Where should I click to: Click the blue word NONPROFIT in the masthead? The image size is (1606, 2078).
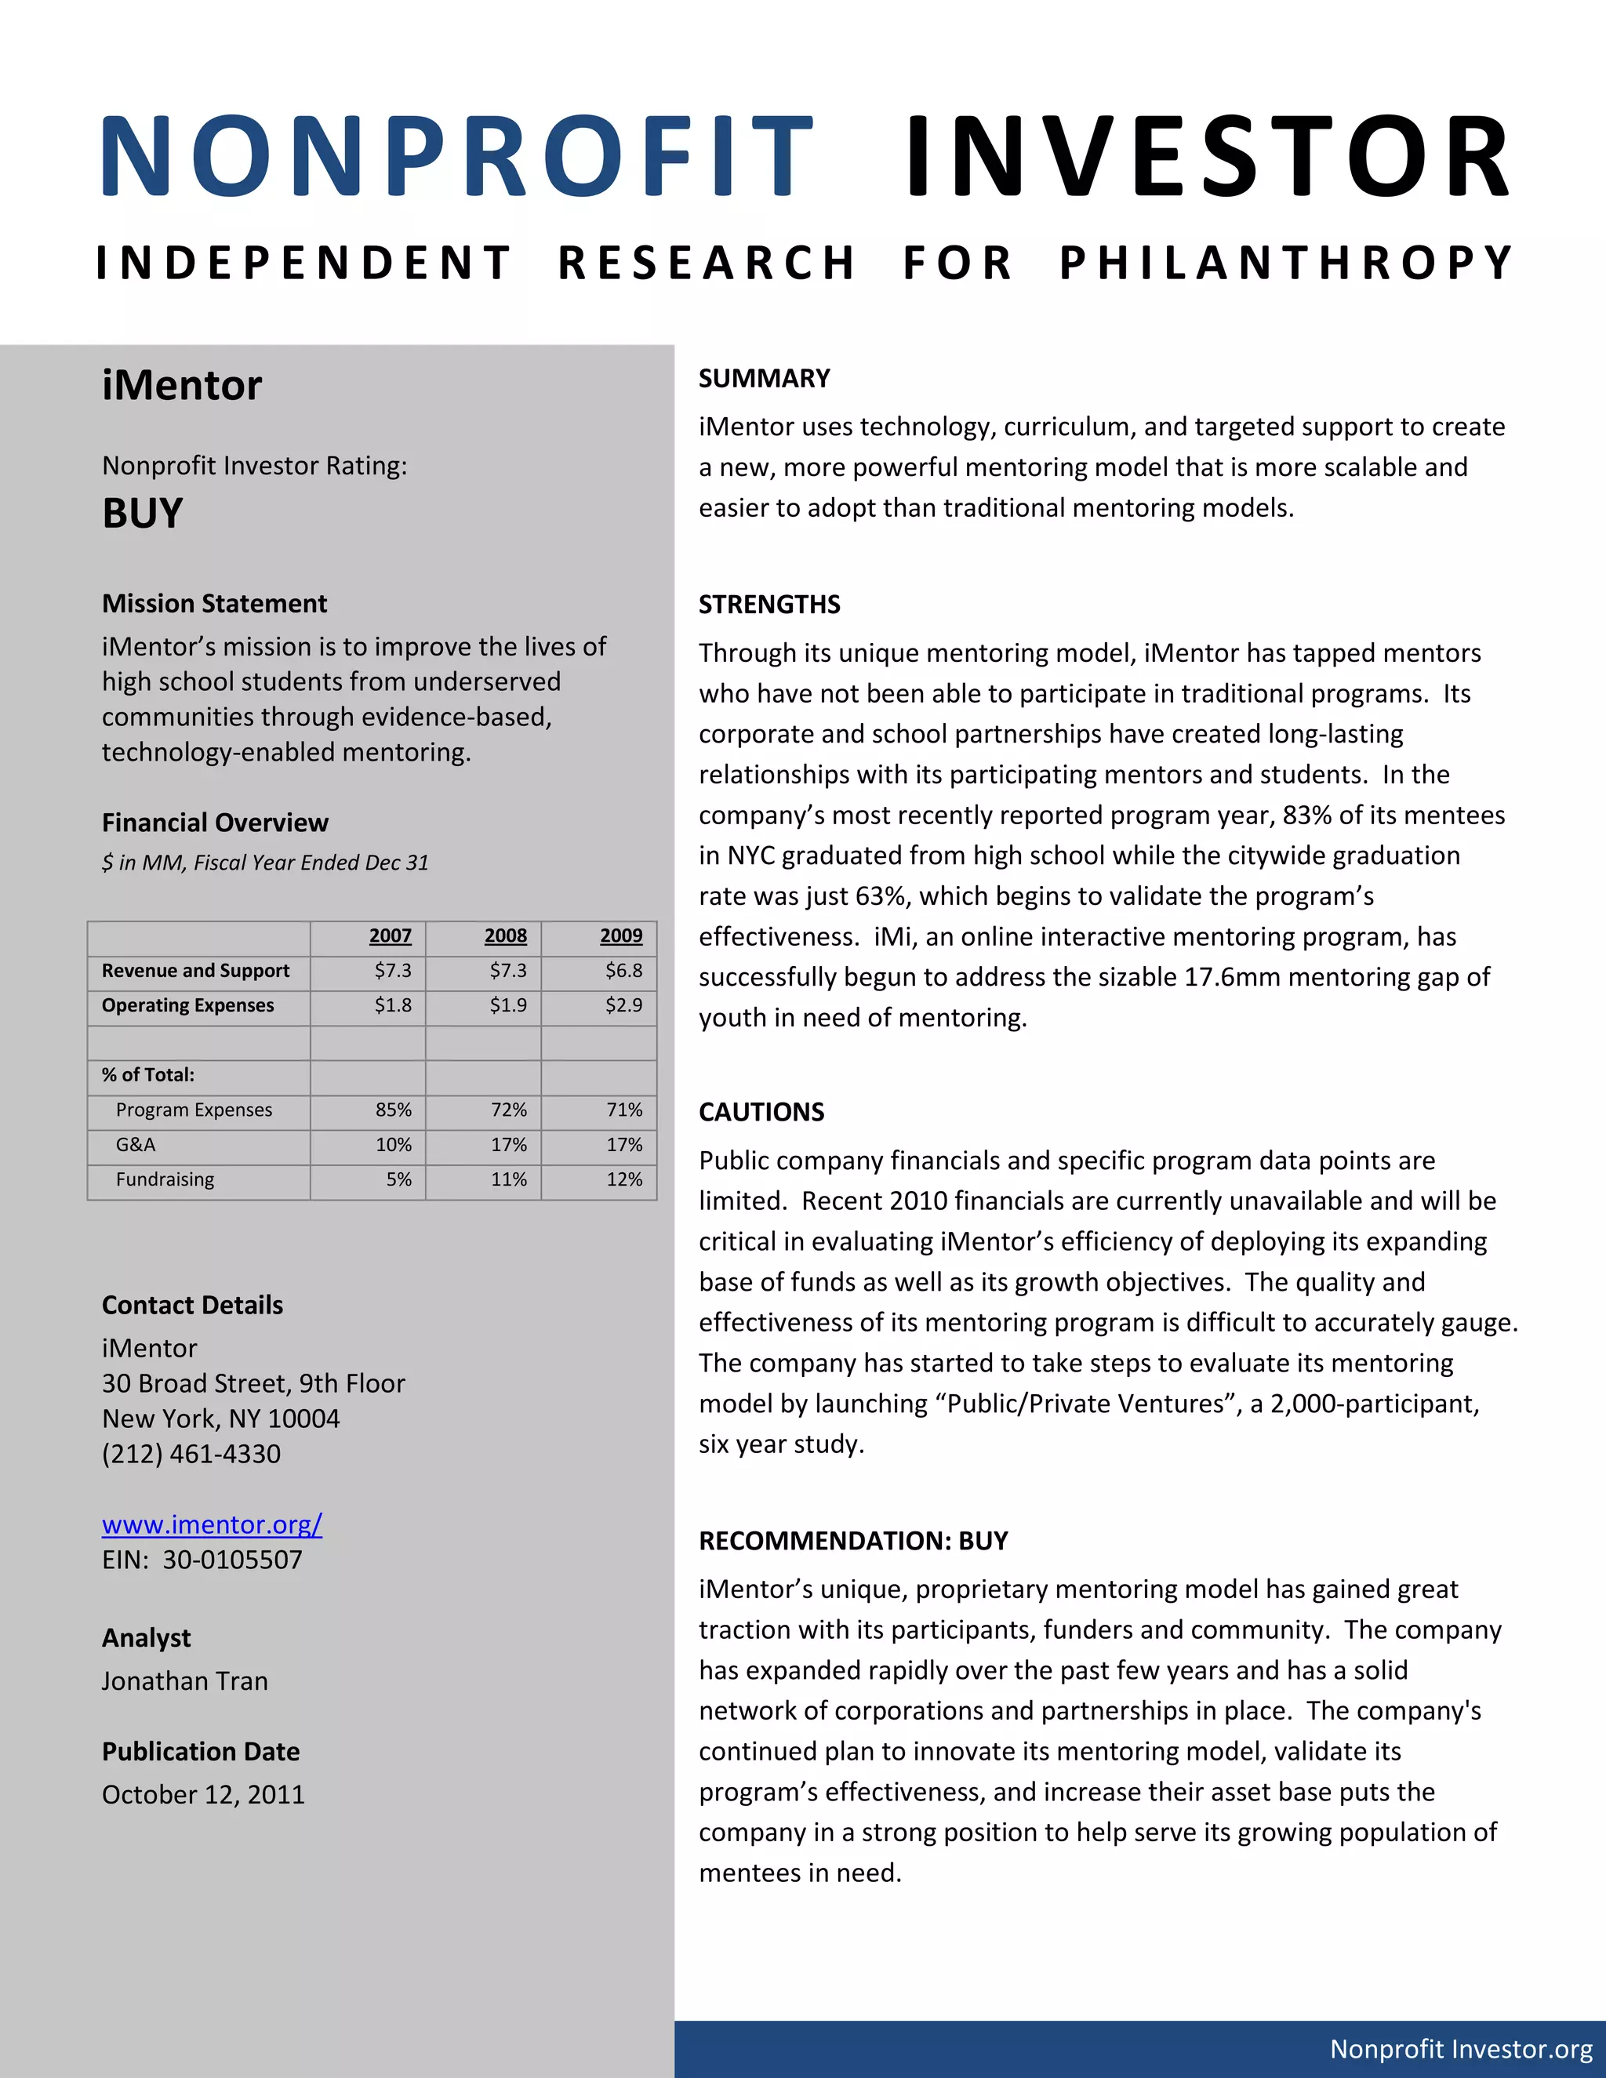(456, 157)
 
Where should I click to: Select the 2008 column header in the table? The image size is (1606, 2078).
(505, 936)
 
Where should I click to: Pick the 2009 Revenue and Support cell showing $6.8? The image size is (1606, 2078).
(623, 971)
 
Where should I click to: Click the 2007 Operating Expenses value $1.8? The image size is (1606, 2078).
(392, 1006)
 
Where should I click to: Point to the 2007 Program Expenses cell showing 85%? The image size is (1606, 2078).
(393, 1110)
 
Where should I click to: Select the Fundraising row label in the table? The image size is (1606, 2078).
(165, 1180)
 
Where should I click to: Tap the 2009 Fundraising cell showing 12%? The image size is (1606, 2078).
(624, 1180)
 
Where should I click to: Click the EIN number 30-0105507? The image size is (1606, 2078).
(232, 1560)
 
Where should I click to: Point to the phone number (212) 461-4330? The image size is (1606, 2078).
(191, 1454)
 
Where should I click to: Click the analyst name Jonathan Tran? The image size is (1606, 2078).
(184, 1681)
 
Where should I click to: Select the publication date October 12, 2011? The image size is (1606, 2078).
(202, 1794)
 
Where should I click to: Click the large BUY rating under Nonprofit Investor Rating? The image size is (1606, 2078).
(143, 514)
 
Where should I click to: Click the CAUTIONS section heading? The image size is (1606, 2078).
(761, 1112)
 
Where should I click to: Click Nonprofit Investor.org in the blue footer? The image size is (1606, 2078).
(1460, 2048)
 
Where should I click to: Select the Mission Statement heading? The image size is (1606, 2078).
(214, 604)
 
